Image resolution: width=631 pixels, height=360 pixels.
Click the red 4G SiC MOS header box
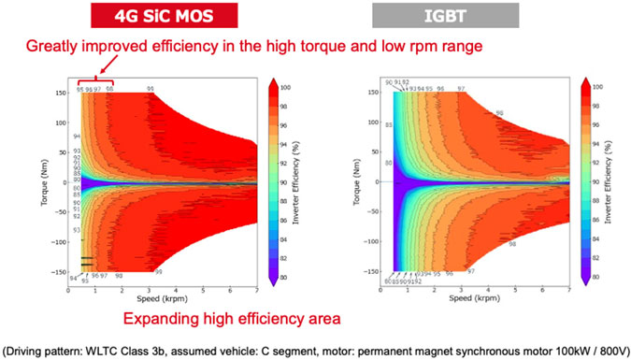[163, 16]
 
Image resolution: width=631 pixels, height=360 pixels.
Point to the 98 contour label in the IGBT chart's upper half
[499, 112]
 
